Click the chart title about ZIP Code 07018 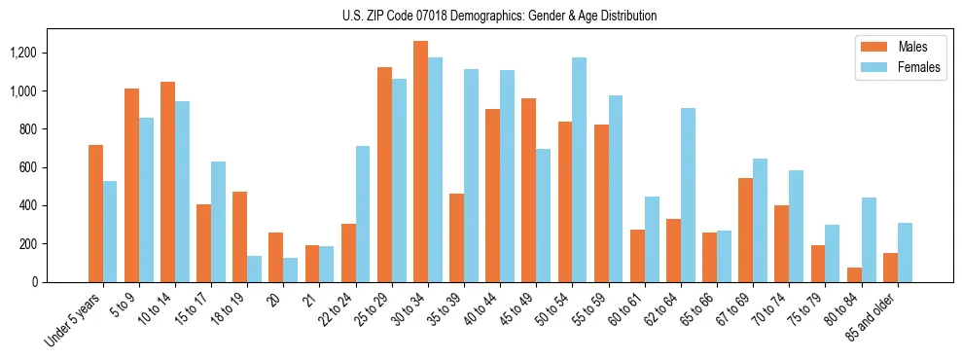click(x=499, y=16)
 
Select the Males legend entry click(x=900, y=47)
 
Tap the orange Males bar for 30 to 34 click(x=420, y=162)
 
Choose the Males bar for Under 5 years click(x=95, y=213)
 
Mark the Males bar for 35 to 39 click(x=456, y=237)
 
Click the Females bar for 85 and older click(x=905, y=252)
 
